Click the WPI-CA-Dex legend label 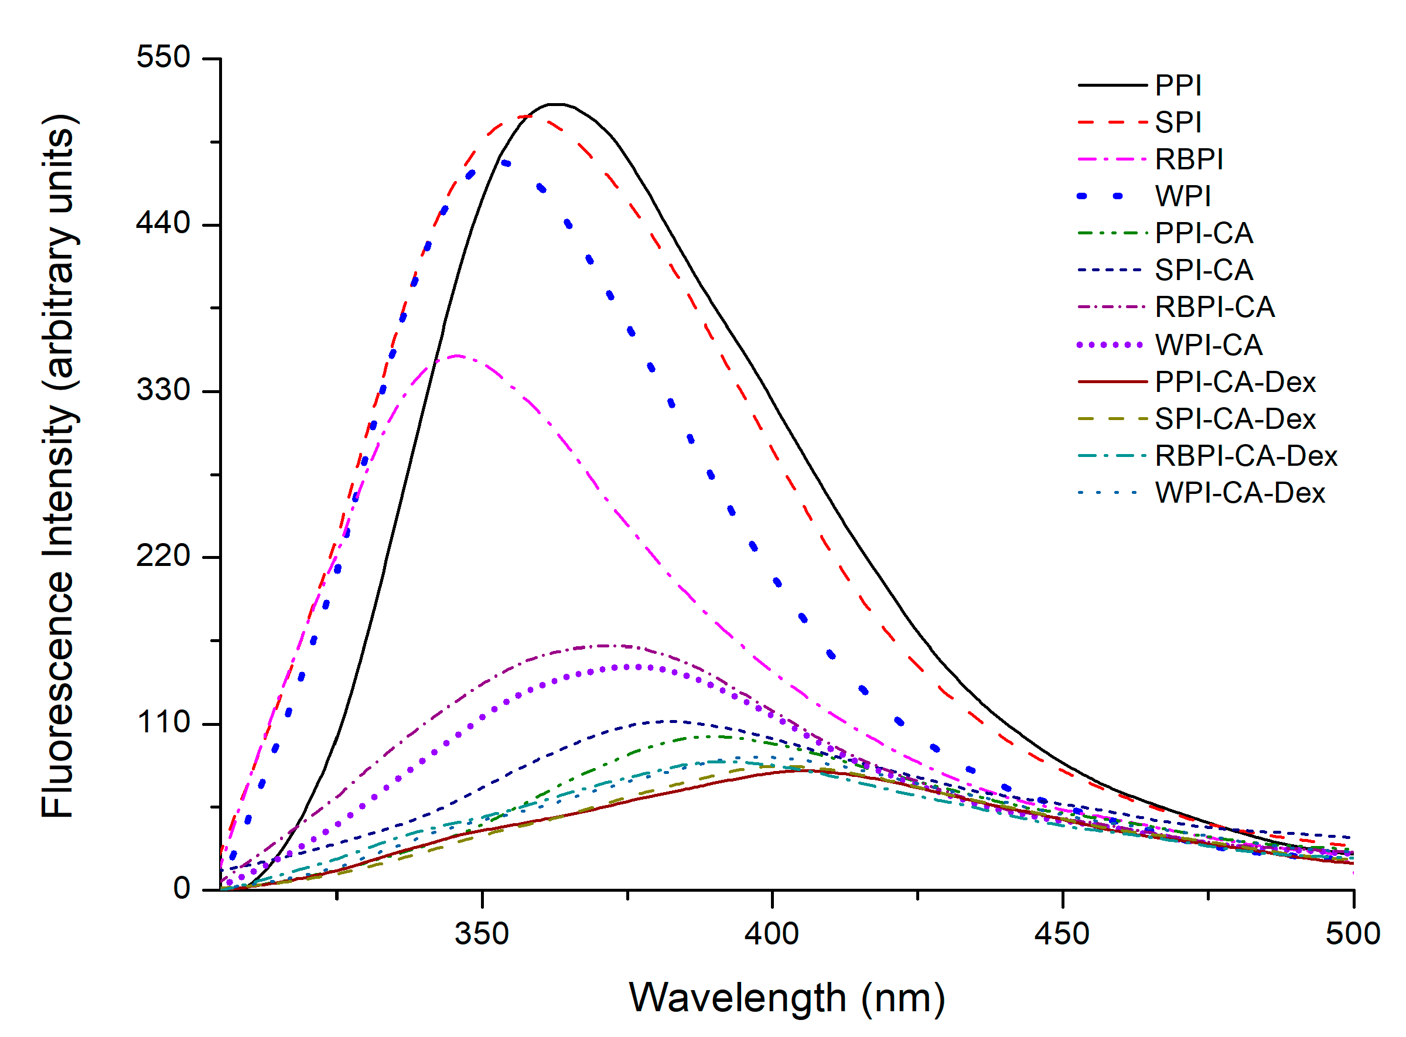click(1240, 493)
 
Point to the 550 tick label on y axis click(163, 58)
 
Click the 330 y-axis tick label click(163, 390)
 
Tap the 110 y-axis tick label click(163, 722)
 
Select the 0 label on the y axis click(182, 889)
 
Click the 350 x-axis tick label click(482, 934)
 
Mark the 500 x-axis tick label click(1352, 934)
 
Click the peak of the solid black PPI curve click(556, 104)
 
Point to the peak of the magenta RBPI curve click(457, 356)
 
